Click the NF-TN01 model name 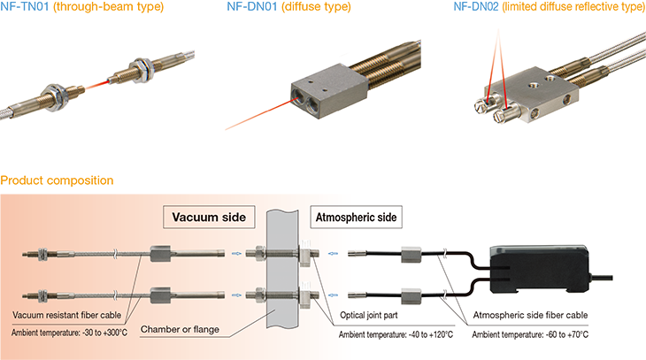coord(25,6)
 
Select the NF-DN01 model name coord(252,6)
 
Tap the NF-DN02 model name coord(476,6)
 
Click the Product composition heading coord(57,180)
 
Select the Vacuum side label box coord(209,217)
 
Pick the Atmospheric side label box coord(356,217)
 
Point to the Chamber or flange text coord(180,330)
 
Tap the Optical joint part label coord(369,315)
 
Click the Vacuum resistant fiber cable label coord(66,315)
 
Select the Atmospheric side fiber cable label coord(530,315)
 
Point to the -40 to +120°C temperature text coord(430,334)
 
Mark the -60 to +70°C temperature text coord(566,334)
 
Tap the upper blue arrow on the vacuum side coord(236,254)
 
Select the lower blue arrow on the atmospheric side coord(333,295)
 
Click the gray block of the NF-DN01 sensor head coord(328,90)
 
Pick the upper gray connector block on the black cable coord(411,254)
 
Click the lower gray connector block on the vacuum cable coord(160,295)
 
